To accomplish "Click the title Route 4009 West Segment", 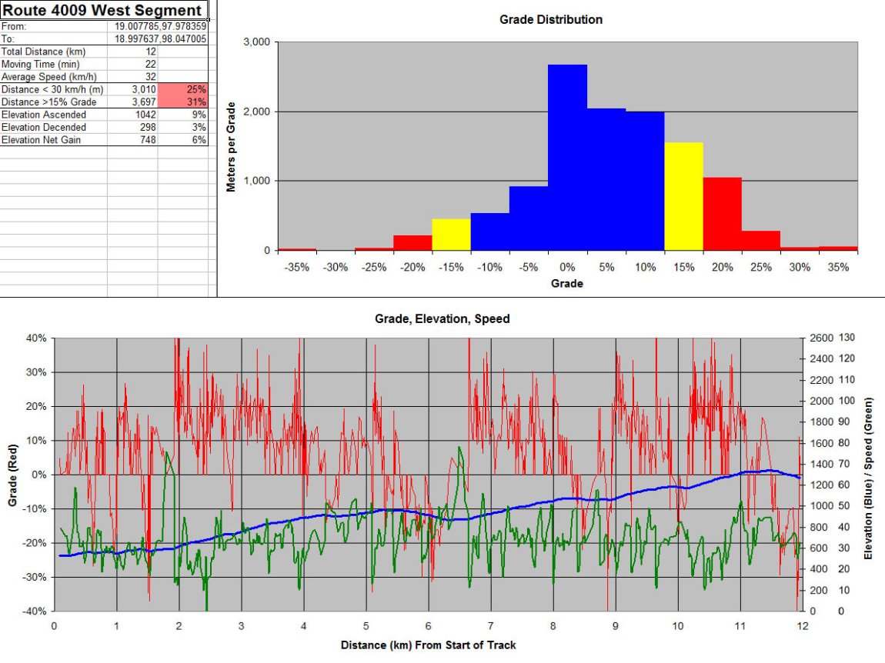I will (x=103, y=10).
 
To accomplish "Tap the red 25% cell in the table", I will (x=183, y=90).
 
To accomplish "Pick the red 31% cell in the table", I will (x=183, y=102).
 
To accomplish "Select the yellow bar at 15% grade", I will (x=683, y=196).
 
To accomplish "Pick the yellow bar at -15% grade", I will (x=451, y=235).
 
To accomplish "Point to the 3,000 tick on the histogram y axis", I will (x=256, y=42).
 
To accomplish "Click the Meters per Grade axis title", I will (x=232, y=146).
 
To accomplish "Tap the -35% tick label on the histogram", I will (x=296, y=268).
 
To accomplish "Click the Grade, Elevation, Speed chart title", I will (x=442, y=318).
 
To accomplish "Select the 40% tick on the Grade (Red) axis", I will (x=35, y=338).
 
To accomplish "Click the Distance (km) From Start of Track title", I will (x=428, y=645).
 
